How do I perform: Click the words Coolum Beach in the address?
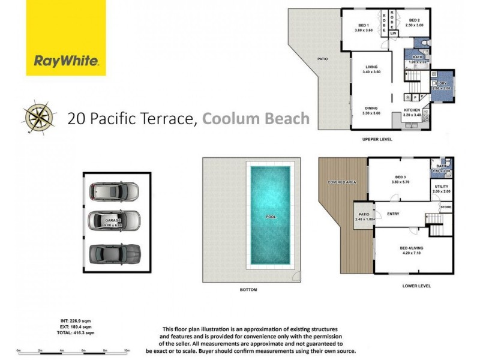tap(256, 118)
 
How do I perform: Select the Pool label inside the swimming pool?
tap(270, 217)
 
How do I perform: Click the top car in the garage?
tap(114, 191)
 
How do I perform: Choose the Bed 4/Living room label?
tap(412, 250)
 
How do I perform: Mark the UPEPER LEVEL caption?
tap(377, 139)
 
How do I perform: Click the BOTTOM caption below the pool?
tap(248, 290)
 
